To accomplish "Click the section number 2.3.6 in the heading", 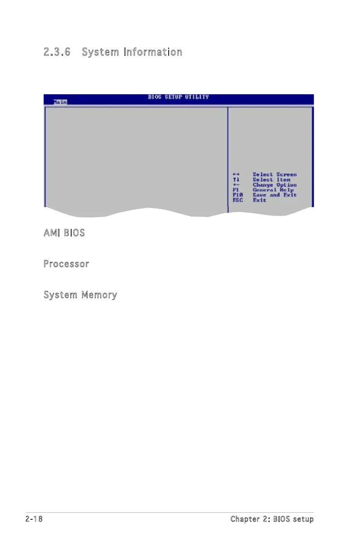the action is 59,52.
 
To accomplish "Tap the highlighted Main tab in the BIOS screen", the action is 59,102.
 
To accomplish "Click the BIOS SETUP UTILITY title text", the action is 178,97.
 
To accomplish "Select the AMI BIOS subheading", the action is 64,233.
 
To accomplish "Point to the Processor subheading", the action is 66,264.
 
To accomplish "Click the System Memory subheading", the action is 80,295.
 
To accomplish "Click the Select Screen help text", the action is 274,174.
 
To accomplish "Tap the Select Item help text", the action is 271,180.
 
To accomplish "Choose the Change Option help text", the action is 274,185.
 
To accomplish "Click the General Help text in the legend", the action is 273,190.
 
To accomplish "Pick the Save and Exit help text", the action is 274,195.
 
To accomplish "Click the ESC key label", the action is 238,200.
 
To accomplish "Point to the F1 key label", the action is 235,190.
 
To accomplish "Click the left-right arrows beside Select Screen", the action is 235,174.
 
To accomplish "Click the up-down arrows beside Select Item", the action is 235,180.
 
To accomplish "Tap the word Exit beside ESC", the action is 259,200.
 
